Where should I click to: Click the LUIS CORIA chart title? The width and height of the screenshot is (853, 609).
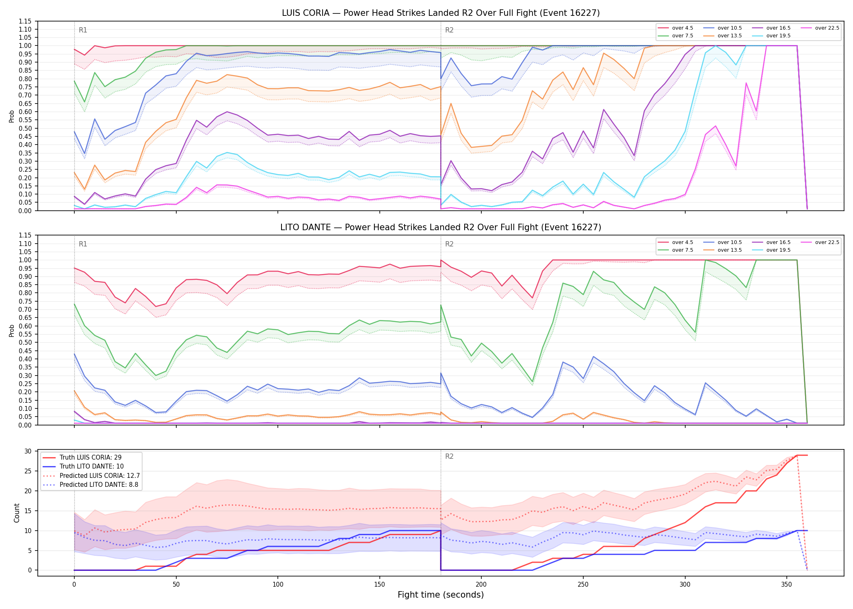point(441,13)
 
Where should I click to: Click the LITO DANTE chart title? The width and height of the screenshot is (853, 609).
point(441,227)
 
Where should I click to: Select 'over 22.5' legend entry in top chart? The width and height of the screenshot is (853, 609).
point(820,28)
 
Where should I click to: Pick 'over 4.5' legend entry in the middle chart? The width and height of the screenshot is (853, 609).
point(675,242)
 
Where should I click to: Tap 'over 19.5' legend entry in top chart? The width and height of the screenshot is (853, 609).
point(771,36)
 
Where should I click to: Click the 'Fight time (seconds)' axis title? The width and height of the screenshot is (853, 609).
point(441,595)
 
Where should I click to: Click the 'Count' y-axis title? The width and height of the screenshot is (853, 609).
point(17,513)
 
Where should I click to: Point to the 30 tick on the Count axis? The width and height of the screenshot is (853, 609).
point(28,451)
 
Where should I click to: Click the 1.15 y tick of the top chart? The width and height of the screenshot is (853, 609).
point(25,21)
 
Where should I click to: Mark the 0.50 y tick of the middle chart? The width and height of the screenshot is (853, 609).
point(25,342)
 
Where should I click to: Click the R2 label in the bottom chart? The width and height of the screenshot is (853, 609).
point(449,456)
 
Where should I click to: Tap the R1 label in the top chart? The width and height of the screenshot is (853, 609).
point(83,30)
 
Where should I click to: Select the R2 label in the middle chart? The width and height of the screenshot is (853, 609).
point(449,244)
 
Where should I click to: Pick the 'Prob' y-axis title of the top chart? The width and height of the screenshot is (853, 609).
point(12,116)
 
